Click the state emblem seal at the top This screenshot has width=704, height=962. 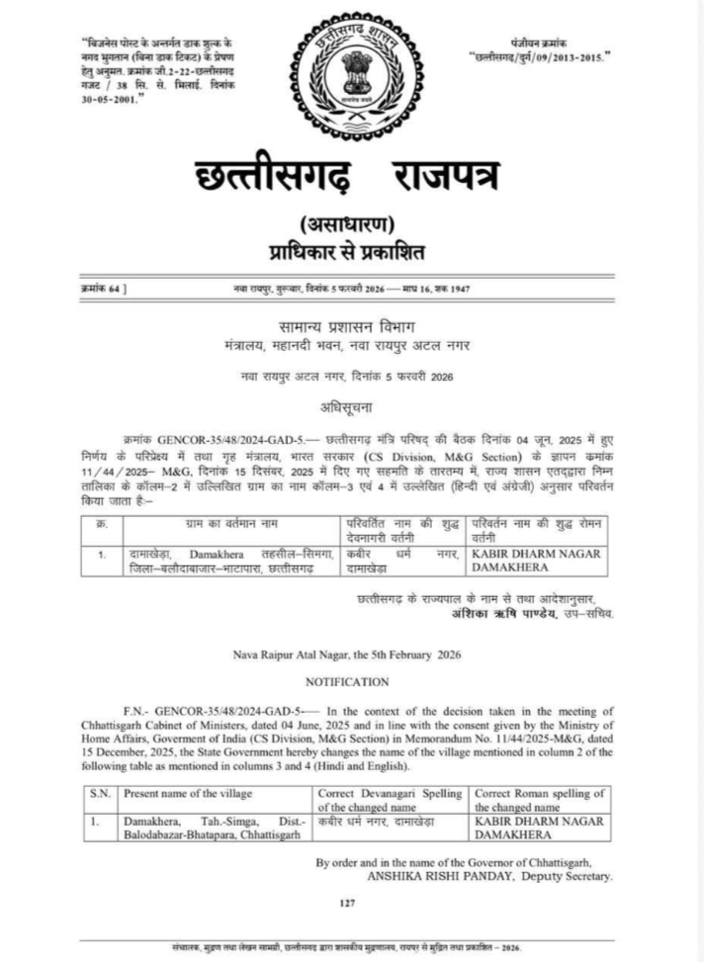[352, 70]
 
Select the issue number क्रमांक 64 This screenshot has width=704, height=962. [102, 288]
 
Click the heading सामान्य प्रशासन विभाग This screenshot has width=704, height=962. [351, 326]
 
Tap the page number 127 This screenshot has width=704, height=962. [346, 902]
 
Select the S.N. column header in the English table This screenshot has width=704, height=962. [100, 792]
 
